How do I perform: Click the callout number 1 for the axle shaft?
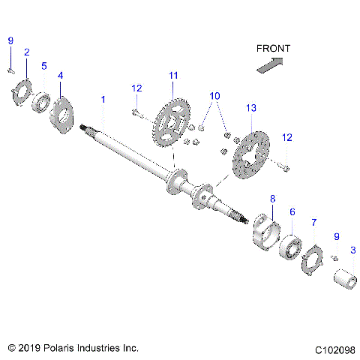coord(103,100)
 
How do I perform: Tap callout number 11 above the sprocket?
coord(173,75)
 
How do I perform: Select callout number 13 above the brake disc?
coord(250,109)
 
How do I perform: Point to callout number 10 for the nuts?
coord(214,96)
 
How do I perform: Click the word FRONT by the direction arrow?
coord(273,49)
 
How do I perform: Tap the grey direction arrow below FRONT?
coord(270,66)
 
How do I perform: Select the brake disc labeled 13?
coord(251,154)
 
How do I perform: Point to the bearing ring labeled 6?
coord(289,247)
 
